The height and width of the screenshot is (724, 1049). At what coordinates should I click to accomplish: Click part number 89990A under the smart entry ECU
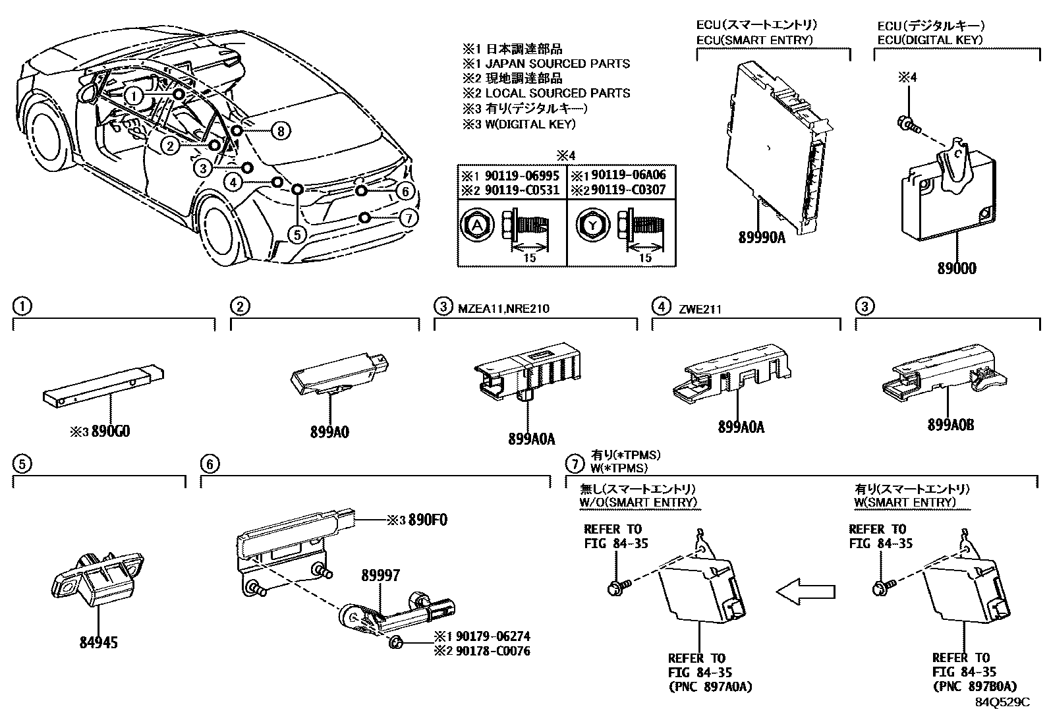pos(762,238)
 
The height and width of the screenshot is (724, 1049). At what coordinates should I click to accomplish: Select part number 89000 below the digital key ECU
pos(957,268)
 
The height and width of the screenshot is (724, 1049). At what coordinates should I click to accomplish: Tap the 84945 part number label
pos(98,642)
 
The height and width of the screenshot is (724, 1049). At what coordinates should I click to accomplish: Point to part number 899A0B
pos(951,425)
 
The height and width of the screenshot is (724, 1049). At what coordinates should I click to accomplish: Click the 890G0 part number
pos(111,432)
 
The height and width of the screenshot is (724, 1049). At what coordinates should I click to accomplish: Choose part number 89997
pos(380,575)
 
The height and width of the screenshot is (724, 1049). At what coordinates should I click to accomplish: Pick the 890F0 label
pos(428,520)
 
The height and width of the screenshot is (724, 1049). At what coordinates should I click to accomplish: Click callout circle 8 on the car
pos(281,130)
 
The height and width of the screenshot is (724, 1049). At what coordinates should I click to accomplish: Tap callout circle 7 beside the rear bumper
pos(409,218)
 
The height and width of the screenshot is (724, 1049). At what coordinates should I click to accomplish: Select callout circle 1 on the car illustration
pos(134,96)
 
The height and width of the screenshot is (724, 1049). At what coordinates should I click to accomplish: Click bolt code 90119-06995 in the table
pos(522,176)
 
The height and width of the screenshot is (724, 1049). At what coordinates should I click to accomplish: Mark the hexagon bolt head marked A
pos(477,226)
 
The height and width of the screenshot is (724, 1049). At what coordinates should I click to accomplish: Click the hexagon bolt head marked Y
pos(592,226)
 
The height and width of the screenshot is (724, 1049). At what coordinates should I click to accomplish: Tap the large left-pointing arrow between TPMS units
pos(805,592)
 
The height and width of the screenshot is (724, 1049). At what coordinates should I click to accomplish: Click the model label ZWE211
pos(700,309)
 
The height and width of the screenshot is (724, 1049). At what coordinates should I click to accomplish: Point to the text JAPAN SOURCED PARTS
pos(557,64)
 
